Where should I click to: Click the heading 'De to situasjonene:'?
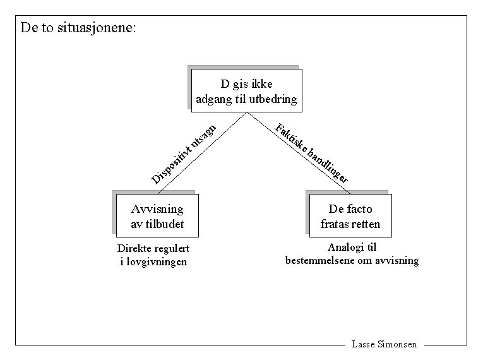pos(78,28)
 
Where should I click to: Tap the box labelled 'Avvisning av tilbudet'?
pos(157,216)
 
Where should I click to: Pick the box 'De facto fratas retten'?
pos(350,216)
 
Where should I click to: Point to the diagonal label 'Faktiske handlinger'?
pos(312,153)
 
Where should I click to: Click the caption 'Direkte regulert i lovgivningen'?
pos(153,255)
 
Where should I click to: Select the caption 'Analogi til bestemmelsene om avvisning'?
pos(352,254)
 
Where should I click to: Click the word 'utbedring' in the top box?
pos(273,99)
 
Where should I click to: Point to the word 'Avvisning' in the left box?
pos(157,209)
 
